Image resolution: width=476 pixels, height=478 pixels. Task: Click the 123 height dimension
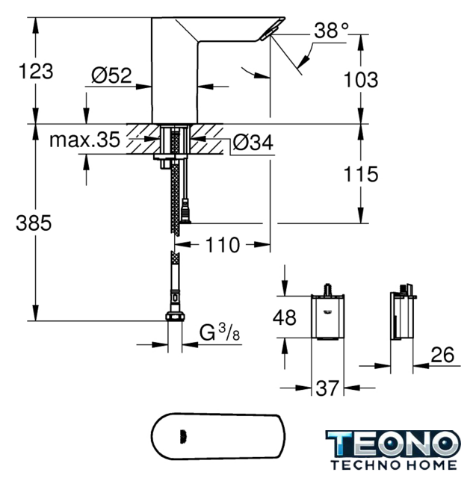pos(36,72)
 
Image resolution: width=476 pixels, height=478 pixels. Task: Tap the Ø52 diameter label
pos(111,75)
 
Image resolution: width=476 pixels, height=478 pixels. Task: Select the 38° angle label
pos(331,31)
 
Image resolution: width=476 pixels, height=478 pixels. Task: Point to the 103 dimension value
pos(361,80)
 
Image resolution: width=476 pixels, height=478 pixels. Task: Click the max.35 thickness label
pos(84,140)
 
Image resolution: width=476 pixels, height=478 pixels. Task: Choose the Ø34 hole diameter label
pos(253,143)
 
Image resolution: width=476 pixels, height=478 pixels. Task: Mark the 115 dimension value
pos(361,174)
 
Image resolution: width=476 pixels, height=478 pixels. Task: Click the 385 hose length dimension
pos(34,223)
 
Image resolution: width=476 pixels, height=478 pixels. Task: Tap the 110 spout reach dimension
pos(223,245)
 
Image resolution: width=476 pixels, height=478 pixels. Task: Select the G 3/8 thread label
pos(220,332)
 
